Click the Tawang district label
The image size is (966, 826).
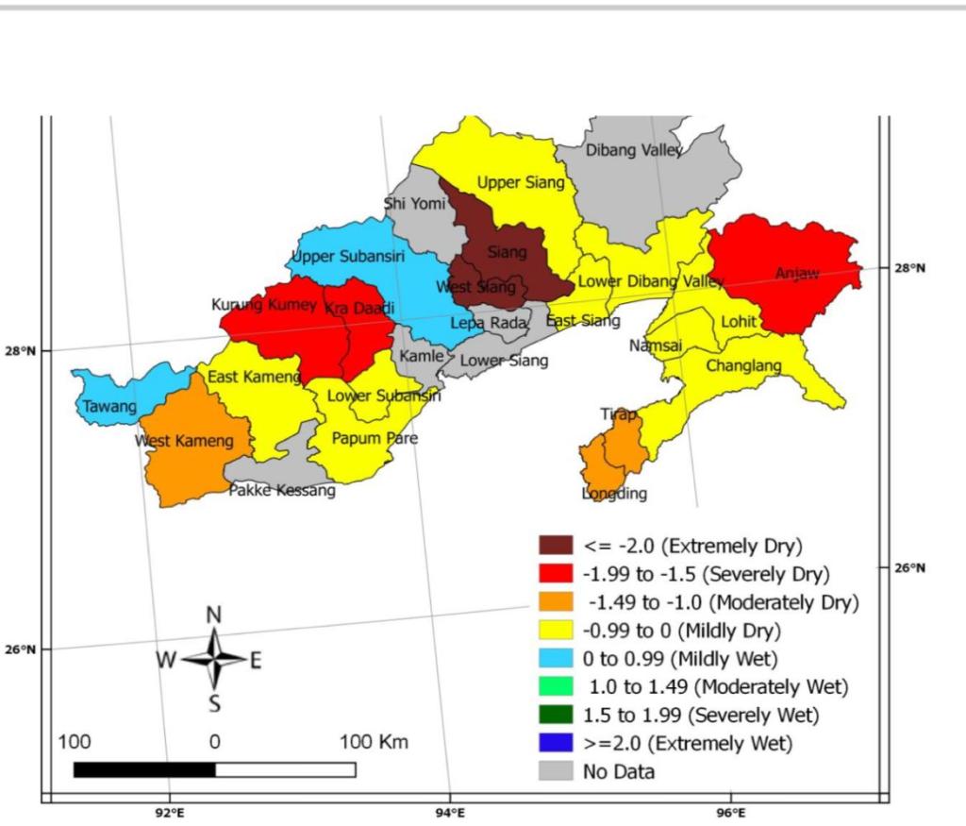109,408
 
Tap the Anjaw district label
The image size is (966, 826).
797,274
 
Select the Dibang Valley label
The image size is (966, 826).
634,150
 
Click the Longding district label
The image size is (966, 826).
614,494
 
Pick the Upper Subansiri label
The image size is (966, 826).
347,257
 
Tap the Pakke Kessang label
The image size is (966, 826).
283,490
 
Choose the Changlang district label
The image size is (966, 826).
744,365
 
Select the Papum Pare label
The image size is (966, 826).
375,439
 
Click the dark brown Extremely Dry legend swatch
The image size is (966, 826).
556,546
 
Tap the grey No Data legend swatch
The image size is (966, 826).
556,771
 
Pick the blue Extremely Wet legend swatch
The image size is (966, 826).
556,743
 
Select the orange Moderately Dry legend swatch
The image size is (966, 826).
556,601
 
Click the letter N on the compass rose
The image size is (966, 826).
214,615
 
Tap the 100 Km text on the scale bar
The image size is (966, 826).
374,742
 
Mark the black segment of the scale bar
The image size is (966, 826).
144,770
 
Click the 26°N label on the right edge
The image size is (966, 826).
909,568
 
